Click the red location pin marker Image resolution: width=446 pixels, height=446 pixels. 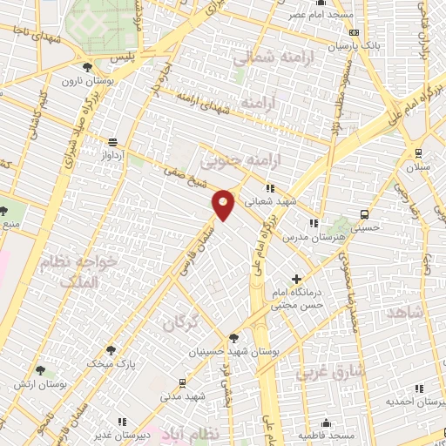coord(224,204)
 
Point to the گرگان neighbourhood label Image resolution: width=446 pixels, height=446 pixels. coord(181,322)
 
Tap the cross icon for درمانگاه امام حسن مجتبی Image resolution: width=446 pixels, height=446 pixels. coord(297,279)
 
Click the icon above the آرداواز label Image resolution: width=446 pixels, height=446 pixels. coord(111,142)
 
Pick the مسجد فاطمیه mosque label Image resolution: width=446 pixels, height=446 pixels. coord(328,434)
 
